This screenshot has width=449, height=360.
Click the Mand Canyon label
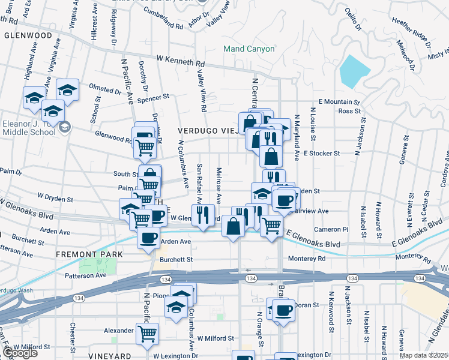(249, 49)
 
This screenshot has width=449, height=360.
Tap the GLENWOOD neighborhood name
(28, 35)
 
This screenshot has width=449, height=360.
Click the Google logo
(19, 353)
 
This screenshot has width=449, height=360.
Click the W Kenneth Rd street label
(181, 61)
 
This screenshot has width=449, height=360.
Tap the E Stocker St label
(322, 153)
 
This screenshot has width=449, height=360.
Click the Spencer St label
(157, 98)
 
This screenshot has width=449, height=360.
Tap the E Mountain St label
(339, 103)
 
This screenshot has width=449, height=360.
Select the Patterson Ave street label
(85, 275)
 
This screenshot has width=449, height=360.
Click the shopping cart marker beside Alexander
(148, 333)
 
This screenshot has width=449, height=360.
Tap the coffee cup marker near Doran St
(284, 310)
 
